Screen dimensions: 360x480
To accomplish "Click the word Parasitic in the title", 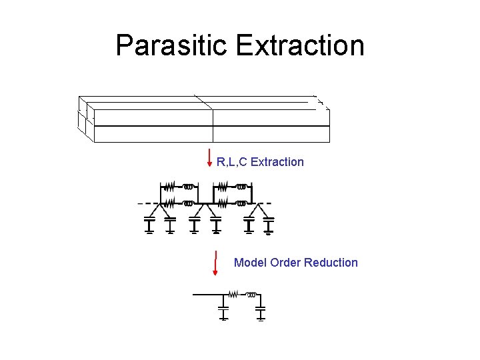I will [172, 45].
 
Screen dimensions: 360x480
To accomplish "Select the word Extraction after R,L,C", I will [277, 162].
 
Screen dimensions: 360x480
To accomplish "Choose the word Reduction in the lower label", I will [331, 263].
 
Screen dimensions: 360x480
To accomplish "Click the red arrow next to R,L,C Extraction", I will [211, 158].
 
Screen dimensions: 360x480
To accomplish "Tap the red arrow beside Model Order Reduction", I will [215, 262].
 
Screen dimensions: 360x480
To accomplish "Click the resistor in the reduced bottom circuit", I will [233, 294].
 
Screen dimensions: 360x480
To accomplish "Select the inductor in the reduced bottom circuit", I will [251, 294].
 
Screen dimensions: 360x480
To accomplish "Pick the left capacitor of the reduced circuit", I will [224, 311].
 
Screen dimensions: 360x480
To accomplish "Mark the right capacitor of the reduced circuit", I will [261, 311].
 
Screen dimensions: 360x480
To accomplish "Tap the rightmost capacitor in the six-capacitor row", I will [268, 225].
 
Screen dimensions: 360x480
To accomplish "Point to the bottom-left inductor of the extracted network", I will [189, 201].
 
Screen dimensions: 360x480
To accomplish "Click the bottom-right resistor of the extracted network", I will [223, 201].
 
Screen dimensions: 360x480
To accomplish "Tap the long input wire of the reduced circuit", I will [207, 294].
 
